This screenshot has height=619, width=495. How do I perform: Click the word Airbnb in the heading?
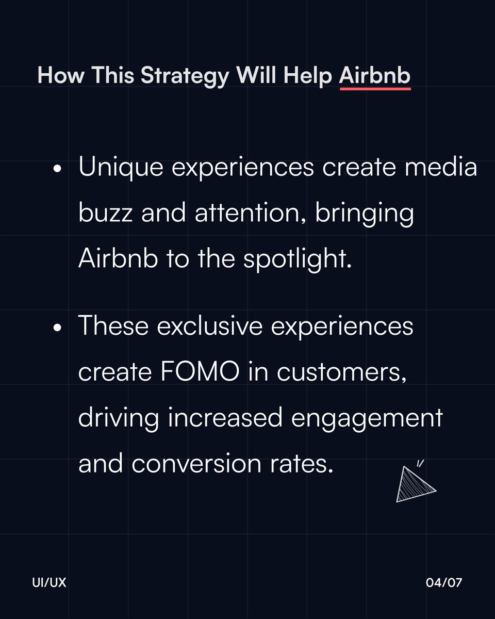375,76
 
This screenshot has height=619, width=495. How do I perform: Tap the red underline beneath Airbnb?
375,89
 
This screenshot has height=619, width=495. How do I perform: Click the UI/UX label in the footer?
48,583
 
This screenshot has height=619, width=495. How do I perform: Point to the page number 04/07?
444,583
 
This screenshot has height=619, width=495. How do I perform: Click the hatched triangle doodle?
414,485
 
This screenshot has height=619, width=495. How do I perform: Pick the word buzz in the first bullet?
105,214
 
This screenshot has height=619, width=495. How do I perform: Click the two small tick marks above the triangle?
420,462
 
